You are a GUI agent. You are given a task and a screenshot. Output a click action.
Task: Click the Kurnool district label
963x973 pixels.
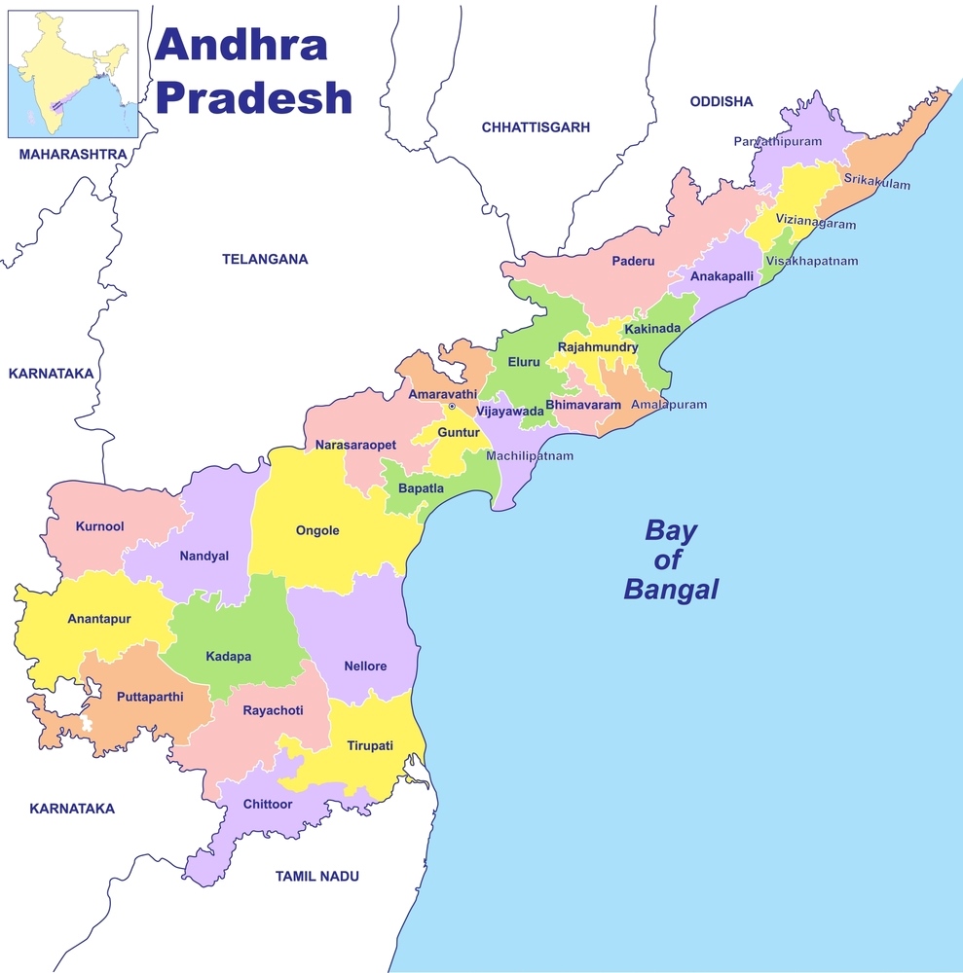(99, 526)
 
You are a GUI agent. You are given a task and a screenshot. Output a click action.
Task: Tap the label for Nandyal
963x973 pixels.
(204, 556)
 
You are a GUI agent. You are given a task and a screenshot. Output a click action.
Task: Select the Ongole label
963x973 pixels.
(317, 530)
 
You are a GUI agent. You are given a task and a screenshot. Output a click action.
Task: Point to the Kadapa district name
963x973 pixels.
(228, 657)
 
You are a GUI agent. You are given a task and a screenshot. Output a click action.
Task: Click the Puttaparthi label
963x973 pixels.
(149, 697)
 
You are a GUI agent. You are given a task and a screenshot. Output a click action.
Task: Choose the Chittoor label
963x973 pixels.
(267, 804)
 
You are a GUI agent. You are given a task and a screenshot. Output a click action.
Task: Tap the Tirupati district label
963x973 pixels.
(370, 745)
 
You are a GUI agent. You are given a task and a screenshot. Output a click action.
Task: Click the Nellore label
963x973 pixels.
(365, 667)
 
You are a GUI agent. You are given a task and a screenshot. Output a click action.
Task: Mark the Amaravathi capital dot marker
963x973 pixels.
(452, 407)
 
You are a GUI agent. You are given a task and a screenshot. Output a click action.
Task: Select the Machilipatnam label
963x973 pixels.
(530, 455)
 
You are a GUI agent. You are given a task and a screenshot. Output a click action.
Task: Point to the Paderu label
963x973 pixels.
(633, 261)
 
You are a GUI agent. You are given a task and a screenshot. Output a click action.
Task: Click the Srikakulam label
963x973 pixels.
(877, 185)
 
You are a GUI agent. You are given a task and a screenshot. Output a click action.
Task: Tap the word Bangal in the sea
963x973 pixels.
(671, 589)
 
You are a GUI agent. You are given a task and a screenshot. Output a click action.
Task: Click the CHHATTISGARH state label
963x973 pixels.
(536, 127)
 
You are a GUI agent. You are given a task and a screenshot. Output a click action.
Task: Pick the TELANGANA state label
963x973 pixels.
(265, 259)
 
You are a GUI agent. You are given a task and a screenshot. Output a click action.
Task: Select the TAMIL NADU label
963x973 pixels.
(316, 876)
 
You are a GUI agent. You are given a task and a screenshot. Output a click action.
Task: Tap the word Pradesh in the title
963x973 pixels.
(254, 97)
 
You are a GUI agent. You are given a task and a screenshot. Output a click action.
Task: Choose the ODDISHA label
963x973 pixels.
(722, 101)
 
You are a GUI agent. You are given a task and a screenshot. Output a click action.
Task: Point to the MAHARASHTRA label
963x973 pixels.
(73, 154)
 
